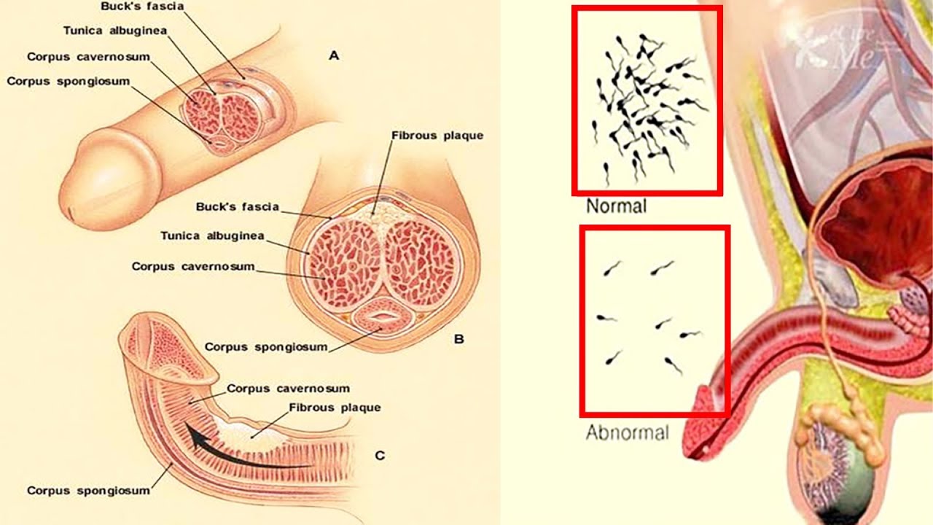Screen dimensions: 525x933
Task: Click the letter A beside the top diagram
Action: [x=335, y=55]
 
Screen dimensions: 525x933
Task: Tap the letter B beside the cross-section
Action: [x=458, y=339]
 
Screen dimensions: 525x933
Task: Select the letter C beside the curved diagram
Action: [x=380, y=456]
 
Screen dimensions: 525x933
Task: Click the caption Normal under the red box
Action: [x=616, y=206]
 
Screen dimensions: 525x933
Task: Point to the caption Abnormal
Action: [x=627, y=432]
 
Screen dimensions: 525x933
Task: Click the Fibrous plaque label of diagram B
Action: [x=437, y=136]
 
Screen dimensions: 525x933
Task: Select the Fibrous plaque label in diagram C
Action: [x=335, y=408]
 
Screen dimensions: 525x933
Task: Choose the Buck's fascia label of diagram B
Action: [x=237, y=207]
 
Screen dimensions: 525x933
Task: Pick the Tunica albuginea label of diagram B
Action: [x=212, y=236]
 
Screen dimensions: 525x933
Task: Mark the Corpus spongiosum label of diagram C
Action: [x=88, y=491]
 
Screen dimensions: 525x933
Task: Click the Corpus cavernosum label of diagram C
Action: [x=288, y=389]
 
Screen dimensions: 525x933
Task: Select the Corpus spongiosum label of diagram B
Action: [x=266, y=347]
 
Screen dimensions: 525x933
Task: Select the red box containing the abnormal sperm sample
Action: [x=655, y=321]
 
